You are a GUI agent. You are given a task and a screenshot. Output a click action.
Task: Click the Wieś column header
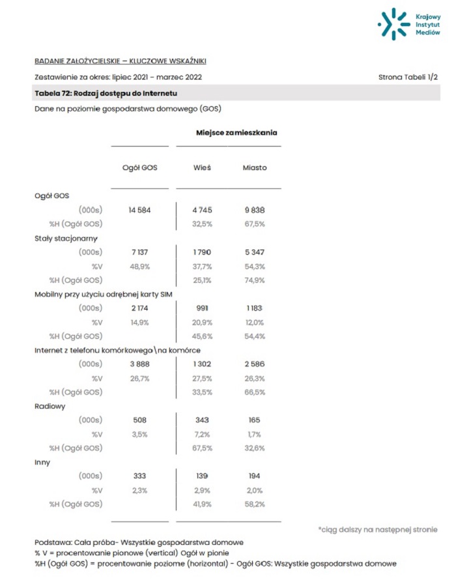[202, 167]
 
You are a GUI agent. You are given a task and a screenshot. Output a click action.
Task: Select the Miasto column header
[255, 167]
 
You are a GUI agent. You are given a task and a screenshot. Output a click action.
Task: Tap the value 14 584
[140, 210]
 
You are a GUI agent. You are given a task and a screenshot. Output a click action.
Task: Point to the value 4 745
[202, 210]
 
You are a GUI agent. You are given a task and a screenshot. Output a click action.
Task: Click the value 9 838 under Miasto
[254, 210]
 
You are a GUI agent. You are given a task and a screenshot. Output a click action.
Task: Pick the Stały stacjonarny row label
[66, 238]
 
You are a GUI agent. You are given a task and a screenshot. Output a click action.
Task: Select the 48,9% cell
[140, 267]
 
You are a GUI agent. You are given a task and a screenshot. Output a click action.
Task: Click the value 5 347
[254, 252]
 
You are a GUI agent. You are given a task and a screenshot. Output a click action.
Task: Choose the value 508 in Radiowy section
[140, 420]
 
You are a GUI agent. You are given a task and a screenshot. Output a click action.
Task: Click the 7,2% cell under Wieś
[202, 434]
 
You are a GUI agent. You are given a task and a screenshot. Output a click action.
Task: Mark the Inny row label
[42, 462]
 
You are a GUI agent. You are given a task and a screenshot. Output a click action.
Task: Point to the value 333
[140, 476]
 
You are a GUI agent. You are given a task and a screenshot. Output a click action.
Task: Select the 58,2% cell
[254, 504]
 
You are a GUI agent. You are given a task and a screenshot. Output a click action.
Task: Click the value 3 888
[140, 364]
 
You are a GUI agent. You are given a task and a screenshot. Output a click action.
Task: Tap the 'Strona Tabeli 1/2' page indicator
[408, 77]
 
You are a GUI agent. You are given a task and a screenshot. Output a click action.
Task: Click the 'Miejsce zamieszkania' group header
[236, 132]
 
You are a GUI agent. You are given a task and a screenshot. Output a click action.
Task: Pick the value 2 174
[140, 308]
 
